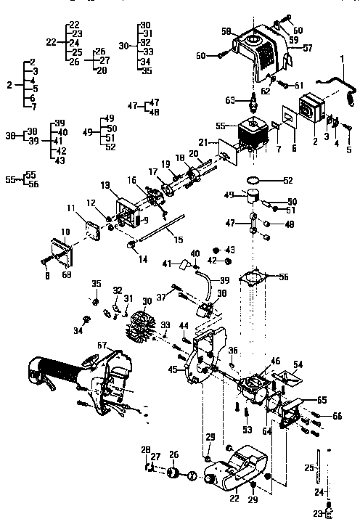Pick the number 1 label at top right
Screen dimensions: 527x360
(x=342, y=57)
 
